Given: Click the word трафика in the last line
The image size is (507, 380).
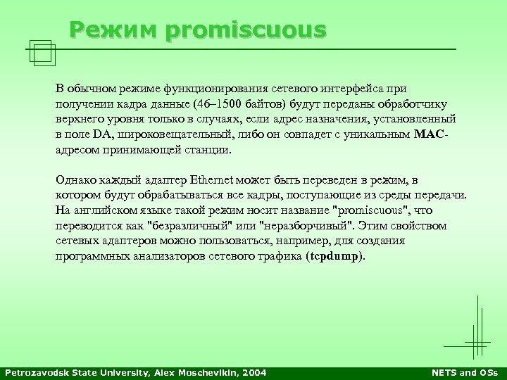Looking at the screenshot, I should [x=282, y=257].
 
